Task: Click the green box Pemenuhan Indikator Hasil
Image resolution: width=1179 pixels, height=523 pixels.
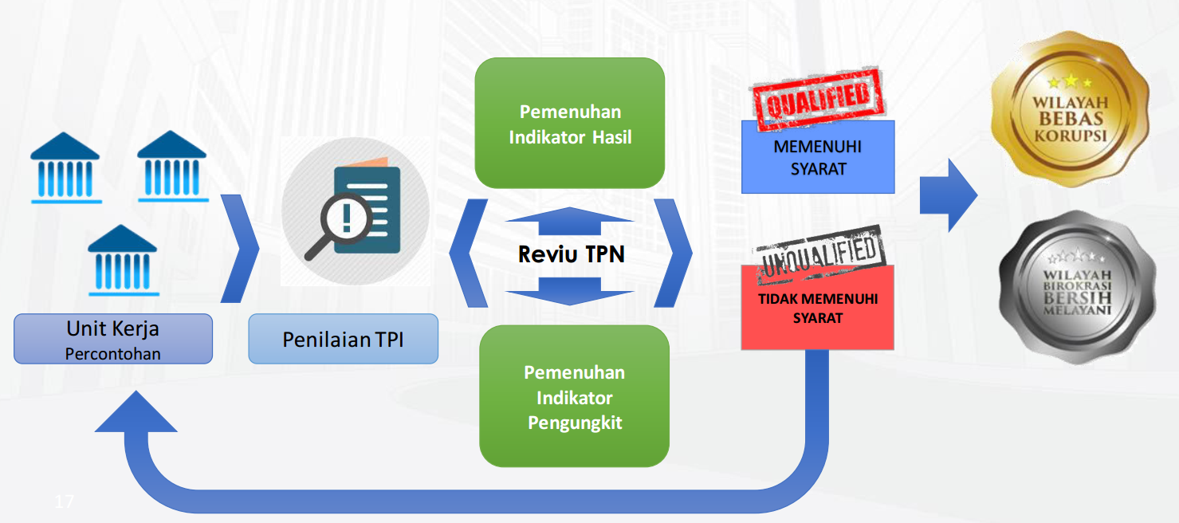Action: (569, 123)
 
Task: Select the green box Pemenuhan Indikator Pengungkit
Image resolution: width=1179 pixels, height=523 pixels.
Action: (574, 396)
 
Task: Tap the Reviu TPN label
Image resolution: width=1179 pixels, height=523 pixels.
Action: (571, 254)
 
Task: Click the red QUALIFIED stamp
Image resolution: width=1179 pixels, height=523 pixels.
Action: (819, 99)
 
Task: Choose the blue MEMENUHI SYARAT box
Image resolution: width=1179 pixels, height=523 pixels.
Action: (818, 157)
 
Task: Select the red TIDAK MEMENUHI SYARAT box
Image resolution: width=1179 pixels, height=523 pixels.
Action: (817, 308)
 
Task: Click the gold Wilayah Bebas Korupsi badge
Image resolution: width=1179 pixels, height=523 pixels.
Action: (1070, 109)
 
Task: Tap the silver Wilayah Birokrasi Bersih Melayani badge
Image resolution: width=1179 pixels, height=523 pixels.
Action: (1078, 287)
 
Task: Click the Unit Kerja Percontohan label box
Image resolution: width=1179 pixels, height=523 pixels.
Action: (113, 339)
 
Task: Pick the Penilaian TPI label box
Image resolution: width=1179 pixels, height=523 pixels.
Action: (343, 339)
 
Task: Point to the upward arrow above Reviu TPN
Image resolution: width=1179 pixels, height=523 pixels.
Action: (569, 221)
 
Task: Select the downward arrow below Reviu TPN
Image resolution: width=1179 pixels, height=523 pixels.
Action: (569, 291)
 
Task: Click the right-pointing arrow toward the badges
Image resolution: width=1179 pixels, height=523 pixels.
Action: (949, 195)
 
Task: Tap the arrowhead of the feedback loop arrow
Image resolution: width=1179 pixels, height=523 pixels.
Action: (136, 412)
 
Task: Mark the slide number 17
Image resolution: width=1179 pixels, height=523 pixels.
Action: (65, 501)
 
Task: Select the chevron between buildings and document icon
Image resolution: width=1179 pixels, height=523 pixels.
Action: (240, 249)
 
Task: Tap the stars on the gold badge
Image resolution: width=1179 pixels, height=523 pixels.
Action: (1070, 82)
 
